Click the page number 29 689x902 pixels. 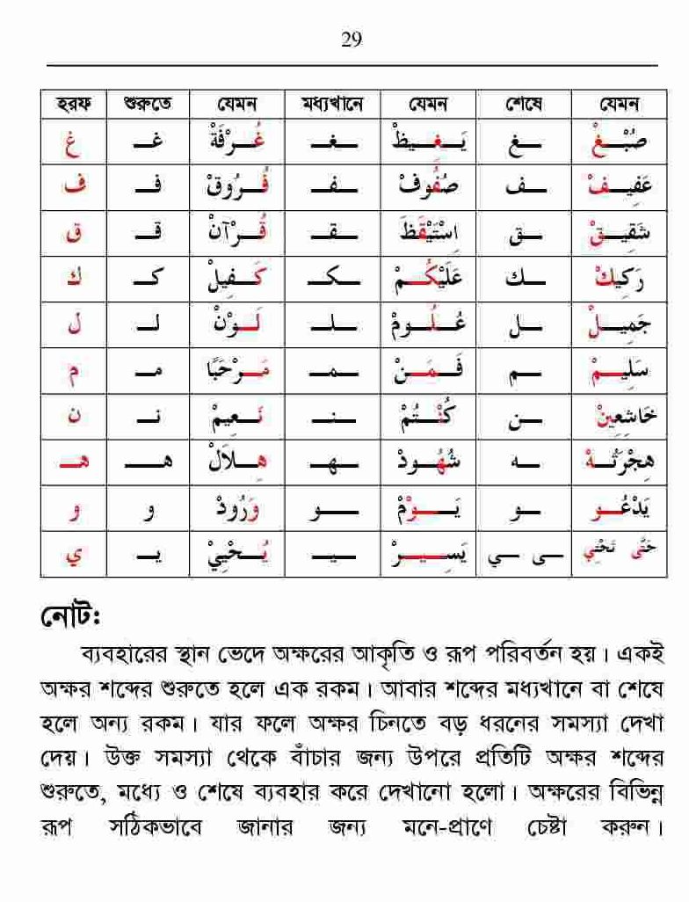[x=351, y=40]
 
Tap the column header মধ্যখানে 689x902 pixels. [x=332, y=105]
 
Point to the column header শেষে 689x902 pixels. [x=524, y=105]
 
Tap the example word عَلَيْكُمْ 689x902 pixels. [x=427, y=280]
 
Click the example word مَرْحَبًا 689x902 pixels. [x=238, y=372]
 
